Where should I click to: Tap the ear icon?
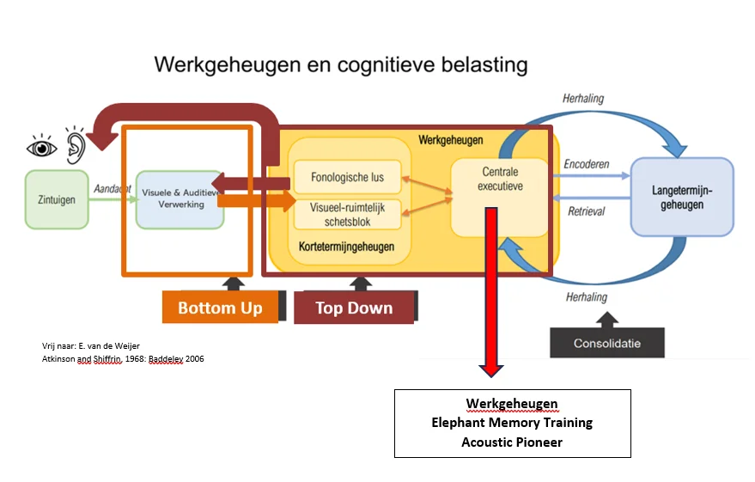(75, 145)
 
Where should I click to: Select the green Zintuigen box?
(56, 199)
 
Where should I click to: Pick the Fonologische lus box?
(347, 178)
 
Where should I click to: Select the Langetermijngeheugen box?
(682, 197)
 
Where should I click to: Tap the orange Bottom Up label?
(220, 308)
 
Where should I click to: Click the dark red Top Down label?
(354, 308)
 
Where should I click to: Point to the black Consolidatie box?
(606, 344)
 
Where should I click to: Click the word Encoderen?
(586, 164)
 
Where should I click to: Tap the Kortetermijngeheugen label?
(347, 247)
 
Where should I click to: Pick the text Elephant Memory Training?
(512, 423)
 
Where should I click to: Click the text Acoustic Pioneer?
(512, 442)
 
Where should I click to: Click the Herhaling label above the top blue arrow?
(583, 99)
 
